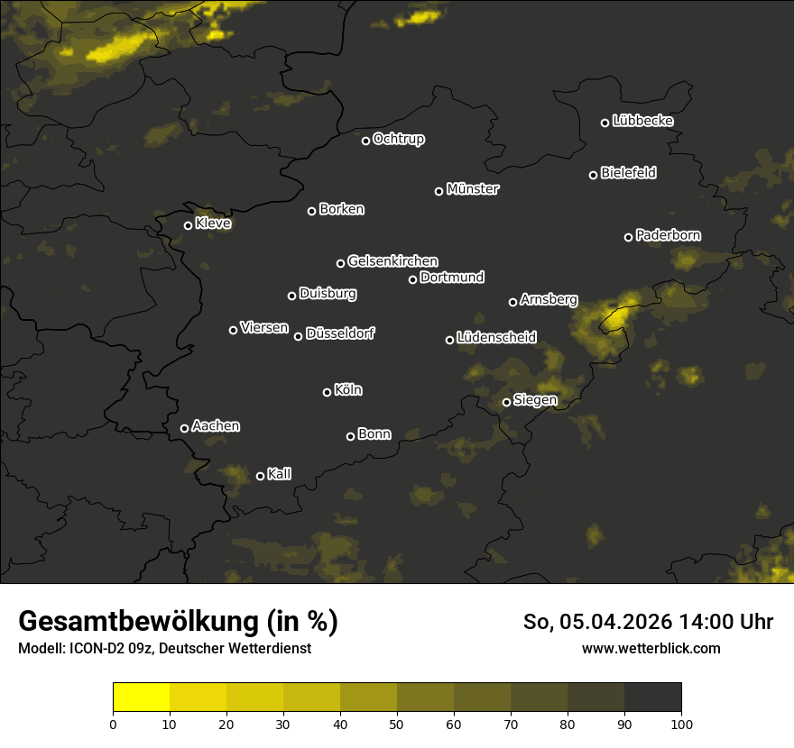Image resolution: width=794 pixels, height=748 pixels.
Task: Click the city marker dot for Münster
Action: click(x=439, y=191)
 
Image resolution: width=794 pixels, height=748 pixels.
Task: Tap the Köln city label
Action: click(x=347, y=390)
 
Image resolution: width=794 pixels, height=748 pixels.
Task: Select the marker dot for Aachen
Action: click(x=184, y=428)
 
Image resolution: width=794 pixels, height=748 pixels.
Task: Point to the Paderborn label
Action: click(x=668, y=235)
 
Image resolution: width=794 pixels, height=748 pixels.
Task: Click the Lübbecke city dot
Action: click(x=605, y=123)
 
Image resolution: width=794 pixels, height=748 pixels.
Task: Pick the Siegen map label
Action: click(x=535, y=400)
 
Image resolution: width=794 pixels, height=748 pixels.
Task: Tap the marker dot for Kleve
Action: click(x=188, y=225)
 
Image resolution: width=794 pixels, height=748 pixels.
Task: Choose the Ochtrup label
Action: click(x=398, y=139)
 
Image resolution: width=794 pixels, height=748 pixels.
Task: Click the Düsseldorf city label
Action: click(x=339, y=333)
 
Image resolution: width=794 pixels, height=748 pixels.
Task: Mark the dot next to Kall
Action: click(x=260, y=476)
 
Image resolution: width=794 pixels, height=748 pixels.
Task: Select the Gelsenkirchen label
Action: click(x=392, y=261)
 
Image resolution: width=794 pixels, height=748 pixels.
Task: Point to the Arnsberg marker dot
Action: click(x=512, y=302)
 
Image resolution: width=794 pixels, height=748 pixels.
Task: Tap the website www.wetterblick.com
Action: click(x=651, y=648)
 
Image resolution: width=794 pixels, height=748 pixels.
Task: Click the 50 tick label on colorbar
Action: click(x=397, y=723)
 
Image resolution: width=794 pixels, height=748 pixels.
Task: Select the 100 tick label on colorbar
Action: click(x=681, y=723)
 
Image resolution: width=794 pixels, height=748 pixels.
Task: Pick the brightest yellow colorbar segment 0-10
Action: click(x=142, y=698)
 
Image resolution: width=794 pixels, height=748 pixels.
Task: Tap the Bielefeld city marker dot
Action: click(x=593, y=175)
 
